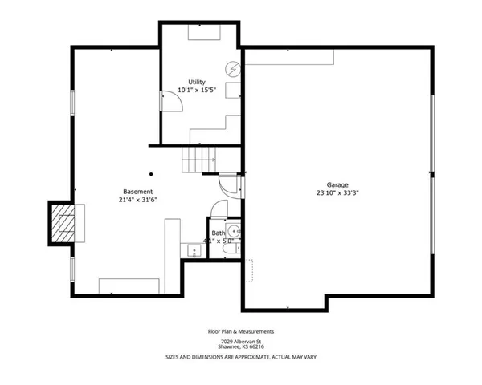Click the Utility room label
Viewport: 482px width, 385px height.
pyautogui.click(x=197, y=82)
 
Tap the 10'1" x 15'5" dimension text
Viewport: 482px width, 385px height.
pyautogui.click(x=197, y=90)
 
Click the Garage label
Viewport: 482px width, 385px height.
pyautogui.click(x=337, y=184)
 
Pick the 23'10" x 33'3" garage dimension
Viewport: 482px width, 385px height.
pyautogui.click(x=337, y=193)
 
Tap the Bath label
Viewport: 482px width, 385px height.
pyautogui.click(x=219, y=233)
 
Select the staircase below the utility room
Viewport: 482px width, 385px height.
pyautogui.click(x=198, y=160)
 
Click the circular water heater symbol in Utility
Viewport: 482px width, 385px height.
pyautogui.click(x=233, y=70)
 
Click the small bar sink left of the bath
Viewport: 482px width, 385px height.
pyautogui.click(x=193, y=251)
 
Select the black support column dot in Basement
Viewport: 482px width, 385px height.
pyautogui.click(x=150, y=172)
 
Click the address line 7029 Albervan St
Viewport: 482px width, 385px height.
pyautogui.click(x=241, y=341)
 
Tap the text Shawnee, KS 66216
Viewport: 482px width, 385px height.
pyautogui.click(x=241, y=347)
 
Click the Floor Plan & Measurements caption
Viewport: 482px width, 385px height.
pyautogui.click(x=241, y=330)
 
